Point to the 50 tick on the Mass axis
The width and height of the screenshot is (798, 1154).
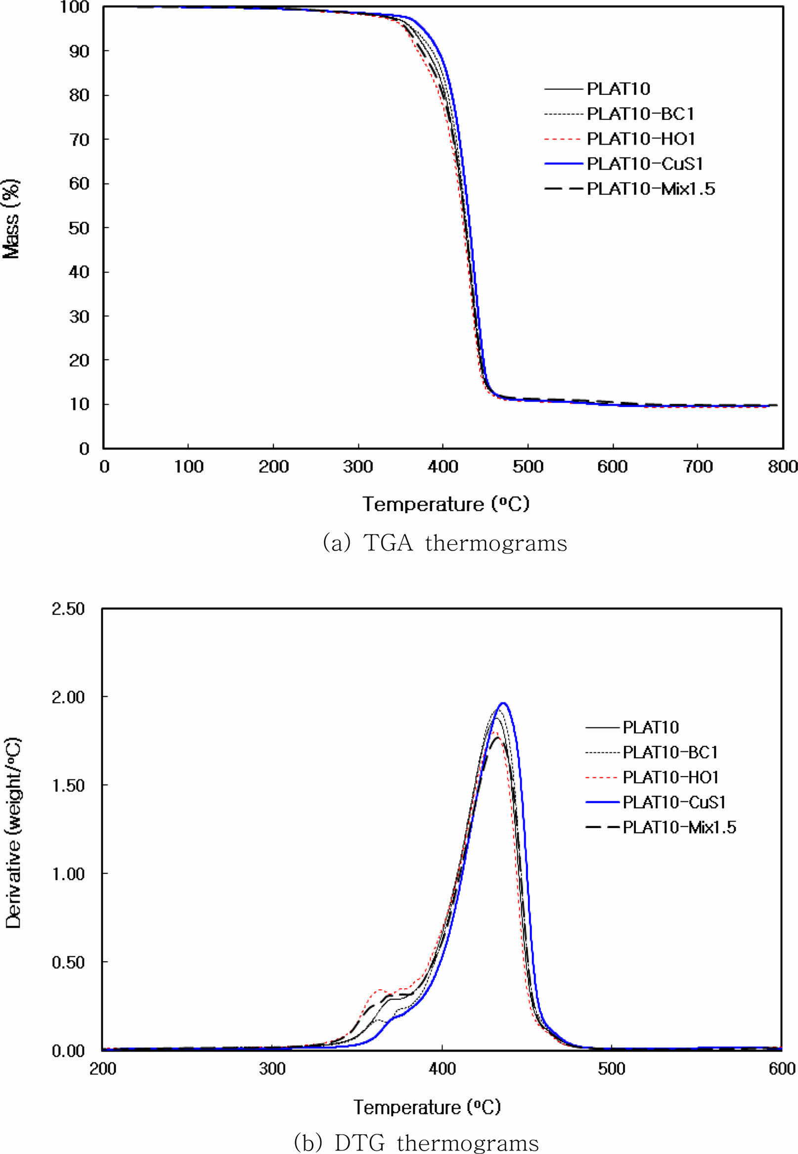point(79,228)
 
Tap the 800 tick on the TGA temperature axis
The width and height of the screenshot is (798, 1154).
point(782,467)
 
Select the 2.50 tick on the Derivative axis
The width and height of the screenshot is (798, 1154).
point(68,609)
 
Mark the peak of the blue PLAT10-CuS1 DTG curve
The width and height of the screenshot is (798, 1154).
point(503,703)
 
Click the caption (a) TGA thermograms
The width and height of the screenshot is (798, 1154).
point(445,543)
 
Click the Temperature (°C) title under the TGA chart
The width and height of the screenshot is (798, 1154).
point(445,504)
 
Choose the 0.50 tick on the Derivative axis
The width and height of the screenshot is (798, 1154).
point(68,962)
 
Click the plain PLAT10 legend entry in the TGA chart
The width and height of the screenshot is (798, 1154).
point(618,89)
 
